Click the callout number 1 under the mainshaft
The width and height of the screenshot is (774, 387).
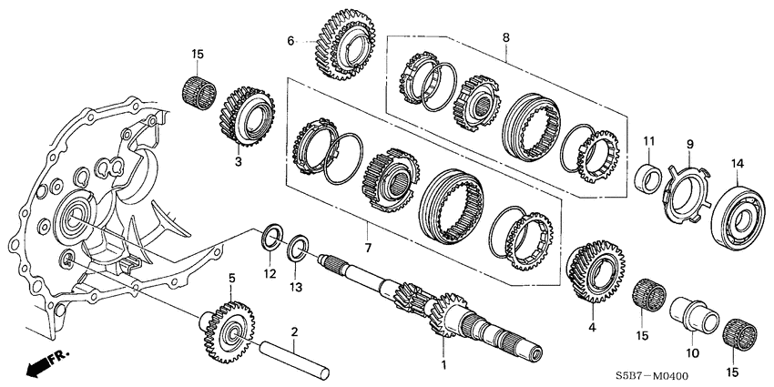443,365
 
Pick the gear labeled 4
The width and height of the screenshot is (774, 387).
593,272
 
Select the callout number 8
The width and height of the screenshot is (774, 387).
507,39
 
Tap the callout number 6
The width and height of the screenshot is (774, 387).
291,41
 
